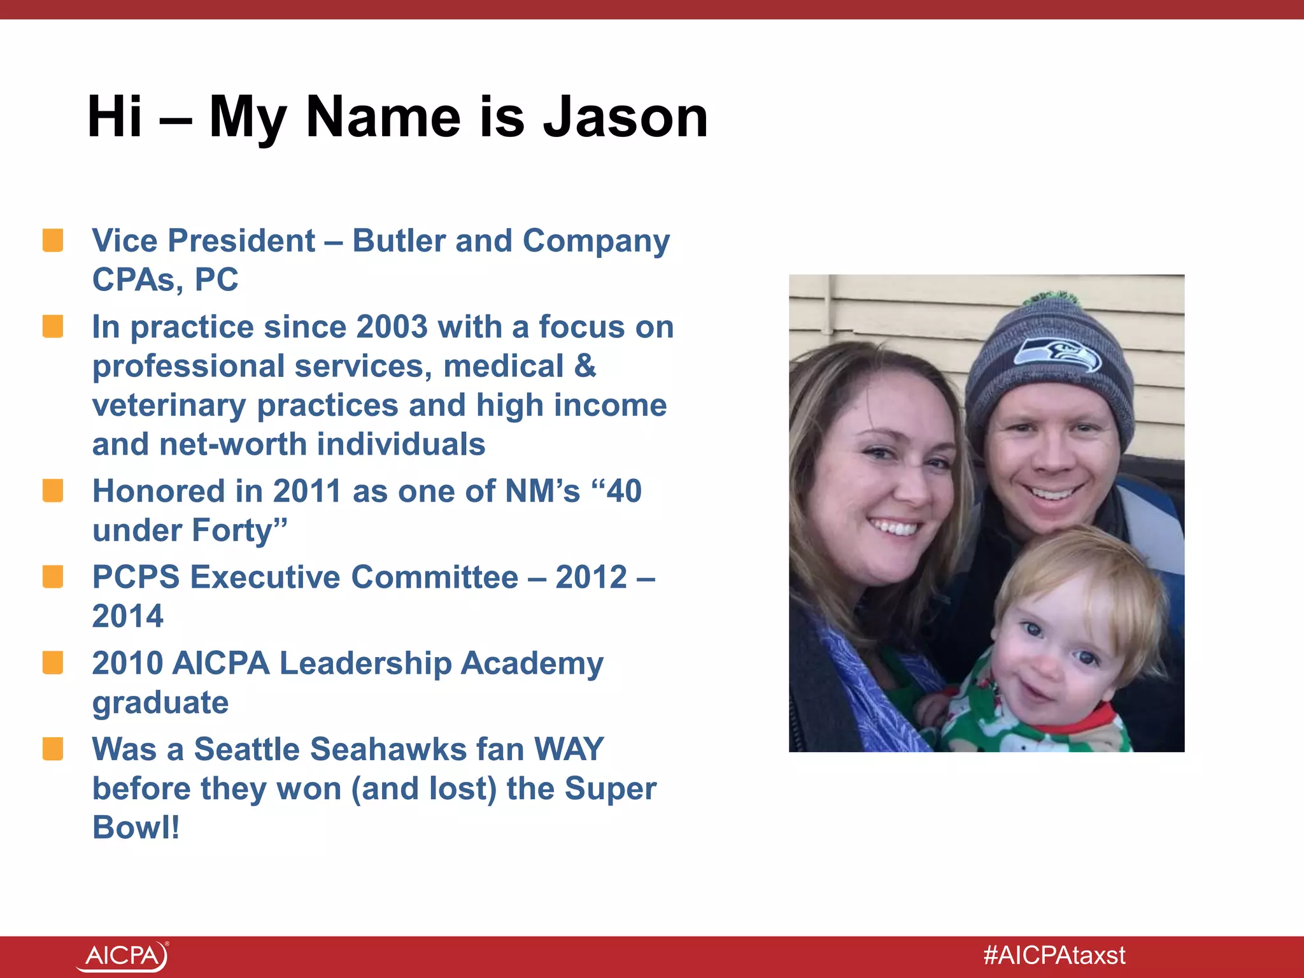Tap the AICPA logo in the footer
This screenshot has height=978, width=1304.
[x=122, y=956]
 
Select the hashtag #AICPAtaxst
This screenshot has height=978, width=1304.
[x=1054, y=955]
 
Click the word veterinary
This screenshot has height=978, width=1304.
[x=169, y=406]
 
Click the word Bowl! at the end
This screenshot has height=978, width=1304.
[x=136, y=828]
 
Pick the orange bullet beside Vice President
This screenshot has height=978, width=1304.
[x=53, y=241]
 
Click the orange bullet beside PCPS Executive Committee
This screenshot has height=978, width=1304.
[x=53, y=577]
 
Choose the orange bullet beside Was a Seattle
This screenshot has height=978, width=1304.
[x=53, y=749]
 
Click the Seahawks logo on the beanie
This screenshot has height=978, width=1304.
[x=1057, y=355]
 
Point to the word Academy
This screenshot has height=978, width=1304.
[x=532, y=663]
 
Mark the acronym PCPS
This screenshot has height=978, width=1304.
[x=136, y=578]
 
